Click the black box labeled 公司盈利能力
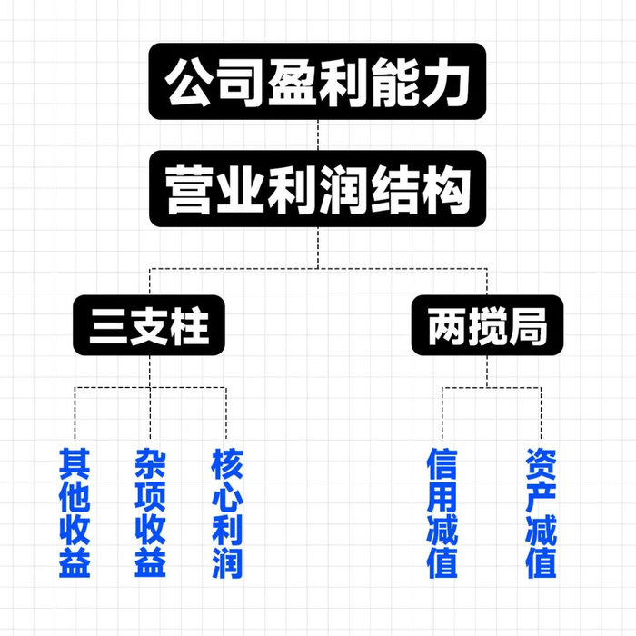tap(318, 82)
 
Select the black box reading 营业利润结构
tap(318, 189)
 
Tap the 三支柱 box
tap(149, 324)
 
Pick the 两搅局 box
tap(487, 324)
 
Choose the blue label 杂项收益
tap(150, 513)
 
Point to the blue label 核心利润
tap(226, 513)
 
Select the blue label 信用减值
tap(442, 513)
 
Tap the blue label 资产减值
tap(542, 513)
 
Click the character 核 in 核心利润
tap(226, 463)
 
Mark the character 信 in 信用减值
tap(442, 463)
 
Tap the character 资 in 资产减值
tap(542, 463)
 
